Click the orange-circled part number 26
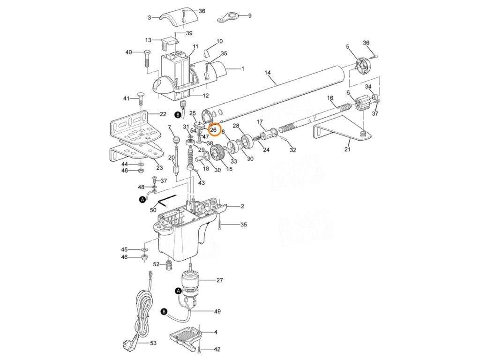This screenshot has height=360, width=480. tap(213, 130)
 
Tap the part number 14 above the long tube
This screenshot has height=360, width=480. tap(268, 73)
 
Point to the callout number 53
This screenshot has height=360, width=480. tap(153, 343)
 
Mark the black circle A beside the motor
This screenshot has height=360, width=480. tap(178, 291)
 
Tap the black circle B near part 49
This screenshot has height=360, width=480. tap(164, 311)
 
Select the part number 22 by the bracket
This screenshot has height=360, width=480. tap(163, 114)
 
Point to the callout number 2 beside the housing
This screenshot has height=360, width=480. tap(242, 207)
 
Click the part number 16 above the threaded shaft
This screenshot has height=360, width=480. tap(330, 98)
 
